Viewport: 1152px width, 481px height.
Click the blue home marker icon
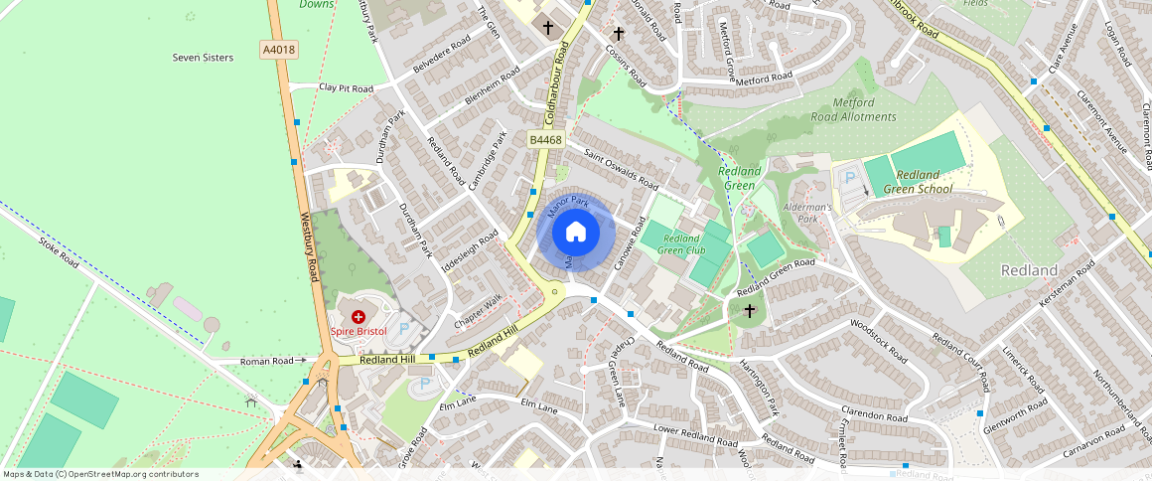(x=576, y=233)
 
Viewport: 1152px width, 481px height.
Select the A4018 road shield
(x=279, y=49)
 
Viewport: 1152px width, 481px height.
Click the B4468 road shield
(x=545, y=140)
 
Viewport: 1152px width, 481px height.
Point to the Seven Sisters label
(x=203, y=58)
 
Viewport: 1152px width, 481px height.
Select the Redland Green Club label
(x=683, y=244)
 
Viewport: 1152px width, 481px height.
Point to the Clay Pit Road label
(x=346, y=88)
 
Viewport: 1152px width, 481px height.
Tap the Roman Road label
(x=267, y=362)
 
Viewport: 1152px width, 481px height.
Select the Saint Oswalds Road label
(x=622, y=169)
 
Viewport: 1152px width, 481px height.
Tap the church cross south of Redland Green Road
(x=750, y=311)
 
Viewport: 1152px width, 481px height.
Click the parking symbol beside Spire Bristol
(x=403, y=326)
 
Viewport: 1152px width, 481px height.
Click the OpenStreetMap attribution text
(x=99, y=474)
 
